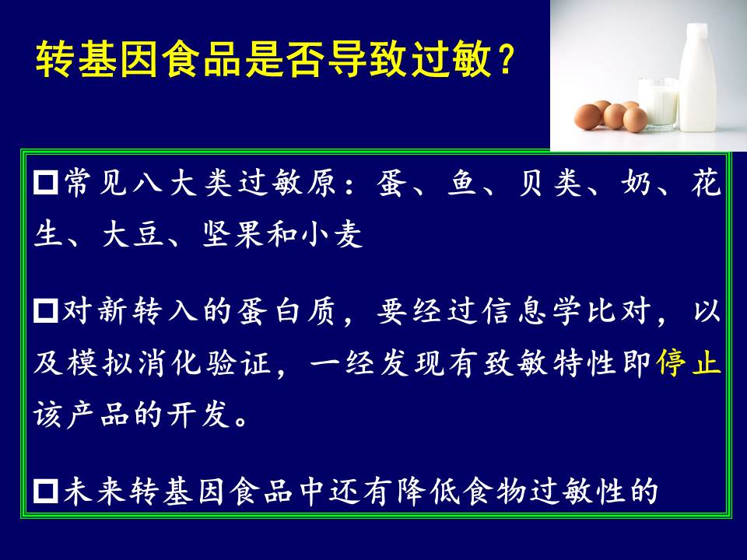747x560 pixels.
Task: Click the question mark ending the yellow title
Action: (504, 59)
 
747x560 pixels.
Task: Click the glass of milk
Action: (658, 103)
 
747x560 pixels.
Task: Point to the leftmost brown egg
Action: (587, 117)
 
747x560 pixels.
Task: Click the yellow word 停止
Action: (688, 364)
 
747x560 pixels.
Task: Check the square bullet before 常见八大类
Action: (46, 183)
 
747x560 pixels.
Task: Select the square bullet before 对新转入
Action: (46, 311)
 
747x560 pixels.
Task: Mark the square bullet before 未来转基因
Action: (46, 491)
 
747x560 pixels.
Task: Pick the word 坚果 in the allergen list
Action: (233, 234)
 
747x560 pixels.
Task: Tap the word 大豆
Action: (133, 234)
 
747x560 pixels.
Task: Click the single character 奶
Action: (635, 183)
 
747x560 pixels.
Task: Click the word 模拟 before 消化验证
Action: (99, 364)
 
